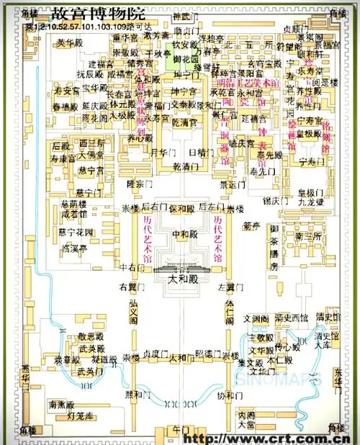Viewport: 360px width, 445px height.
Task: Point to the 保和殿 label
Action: pos(181,209)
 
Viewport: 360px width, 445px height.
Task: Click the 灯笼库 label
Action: pos(81,415)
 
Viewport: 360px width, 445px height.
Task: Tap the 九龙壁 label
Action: pos(310,203)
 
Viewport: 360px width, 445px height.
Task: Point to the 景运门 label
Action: pos(233,184)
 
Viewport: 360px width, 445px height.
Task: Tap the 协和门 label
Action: pos(226,395)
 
